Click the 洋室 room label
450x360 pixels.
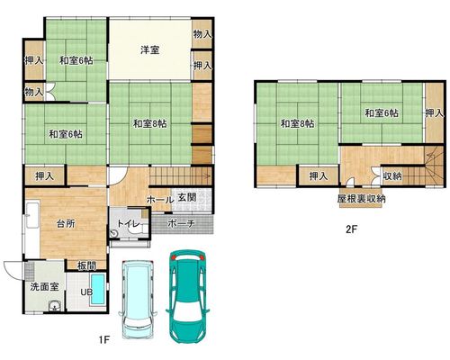[x=149, y=49]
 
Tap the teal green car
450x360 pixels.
[x=186, y=295]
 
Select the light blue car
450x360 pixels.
[x=138, y=300]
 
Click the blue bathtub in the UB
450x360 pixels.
[x=98, y=288]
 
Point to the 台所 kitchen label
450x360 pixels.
[x=66, y=223]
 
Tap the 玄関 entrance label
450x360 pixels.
[x=187, y=197]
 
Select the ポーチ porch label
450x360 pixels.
[x=181, y=223]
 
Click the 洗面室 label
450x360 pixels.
[x=44, y=287]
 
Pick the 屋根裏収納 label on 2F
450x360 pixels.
[x=361, y=199]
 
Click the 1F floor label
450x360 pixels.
[x=105, y=340]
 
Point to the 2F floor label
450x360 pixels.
[x=352, y=229]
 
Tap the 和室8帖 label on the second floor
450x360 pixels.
[x=297, y=123]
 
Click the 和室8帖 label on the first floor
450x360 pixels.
[x=149, y=123]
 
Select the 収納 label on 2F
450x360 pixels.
[x=392, y=176]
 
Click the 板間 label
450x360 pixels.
[x=86, y=265]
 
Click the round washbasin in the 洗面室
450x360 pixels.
[x=55, y=306]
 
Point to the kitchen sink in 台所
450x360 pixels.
[x=32, y=214]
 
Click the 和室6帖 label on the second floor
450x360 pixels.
[x=382, y=113]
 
